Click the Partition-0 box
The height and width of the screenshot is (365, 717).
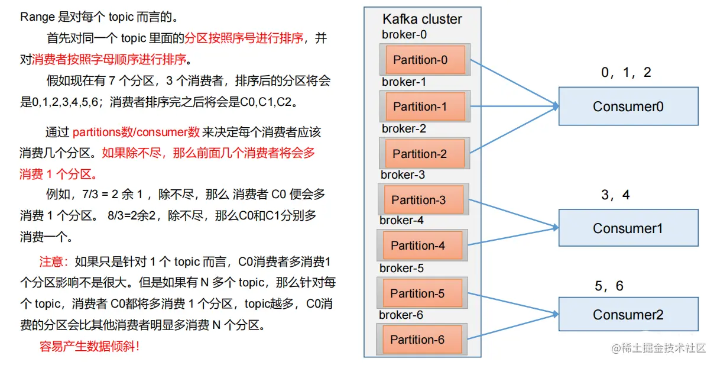coord(424,60)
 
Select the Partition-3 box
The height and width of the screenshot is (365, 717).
coord(423,200)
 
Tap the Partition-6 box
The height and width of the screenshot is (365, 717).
coord(421,340)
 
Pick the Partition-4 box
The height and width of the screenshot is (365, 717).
coord(422,246)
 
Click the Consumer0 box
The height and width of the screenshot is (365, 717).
coord(628,106)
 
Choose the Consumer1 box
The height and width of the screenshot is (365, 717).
coord(628,228)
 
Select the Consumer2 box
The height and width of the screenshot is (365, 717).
coord(628,315)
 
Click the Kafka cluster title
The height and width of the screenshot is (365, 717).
coord(422,20)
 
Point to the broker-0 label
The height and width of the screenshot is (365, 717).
coord(404,35)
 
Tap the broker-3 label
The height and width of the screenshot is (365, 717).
coord(403,175)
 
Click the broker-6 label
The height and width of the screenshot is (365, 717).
coord(401,315)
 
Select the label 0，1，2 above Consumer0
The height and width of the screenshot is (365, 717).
coord(626,73)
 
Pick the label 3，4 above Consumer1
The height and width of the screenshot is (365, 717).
coord(615,195)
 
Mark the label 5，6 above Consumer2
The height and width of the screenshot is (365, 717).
coord(609,286)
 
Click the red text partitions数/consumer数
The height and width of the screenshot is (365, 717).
coord(136,132)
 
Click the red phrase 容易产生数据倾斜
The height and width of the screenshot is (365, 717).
coord(89,346)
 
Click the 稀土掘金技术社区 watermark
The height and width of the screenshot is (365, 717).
coord(663,348)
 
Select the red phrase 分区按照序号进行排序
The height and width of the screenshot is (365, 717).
coord(244,38)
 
